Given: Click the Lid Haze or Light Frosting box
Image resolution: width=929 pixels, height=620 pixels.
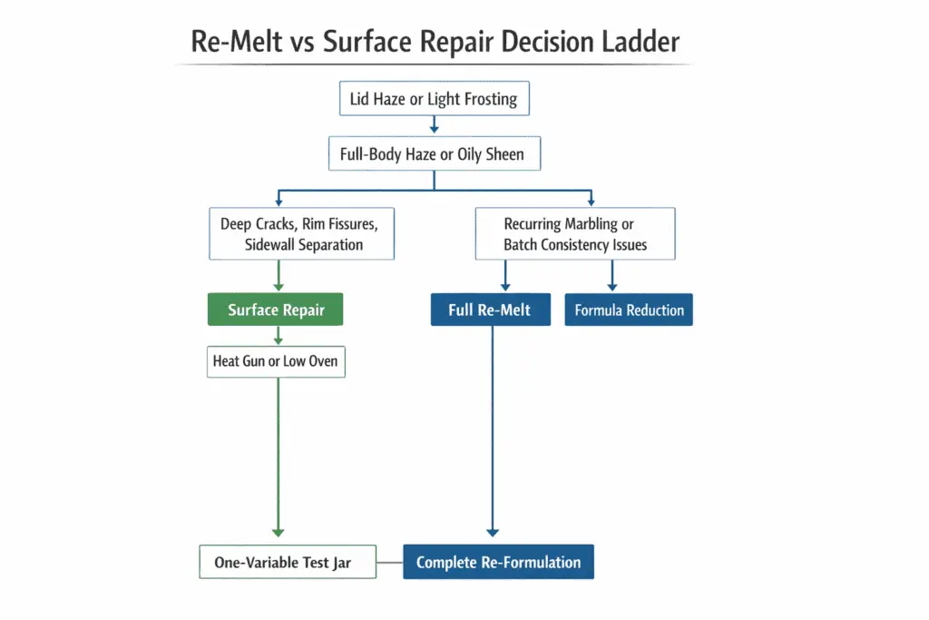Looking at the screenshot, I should (434, 99).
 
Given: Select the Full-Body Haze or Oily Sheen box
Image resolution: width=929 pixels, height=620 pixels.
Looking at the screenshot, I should (434, 154).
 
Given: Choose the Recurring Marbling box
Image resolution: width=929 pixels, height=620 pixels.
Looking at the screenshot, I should (575, 233).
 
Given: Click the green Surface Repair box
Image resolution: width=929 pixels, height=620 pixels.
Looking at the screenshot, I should (277, 310).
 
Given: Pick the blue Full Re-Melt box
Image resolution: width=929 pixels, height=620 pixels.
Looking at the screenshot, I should (490, 310).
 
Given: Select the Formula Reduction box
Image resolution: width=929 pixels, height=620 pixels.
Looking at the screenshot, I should (629, 310).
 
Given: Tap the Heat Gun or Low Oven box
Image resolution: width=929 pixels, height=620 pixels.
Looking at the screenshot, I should (276, 361).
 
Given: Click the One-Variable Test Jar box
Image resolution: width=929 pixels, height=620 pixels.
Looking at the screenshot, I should (282, 562).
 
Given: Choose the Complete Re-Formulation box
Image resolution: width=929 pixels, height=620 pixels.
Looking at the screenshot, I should (498, 562).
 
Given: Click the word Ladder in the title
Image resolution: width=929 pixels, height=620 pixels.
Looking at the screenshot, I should (641, 43).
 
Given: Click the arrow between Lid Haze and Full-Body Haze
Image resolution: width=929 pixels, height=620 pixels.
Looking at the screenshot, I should (434, 126).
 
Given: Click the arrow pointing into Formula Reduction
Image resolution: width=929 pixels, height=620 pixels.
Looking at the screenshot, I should (612, 276).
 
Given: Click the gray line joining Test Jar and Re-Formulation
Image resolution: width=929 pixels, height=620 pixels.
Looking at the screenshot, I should (391, 563).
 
